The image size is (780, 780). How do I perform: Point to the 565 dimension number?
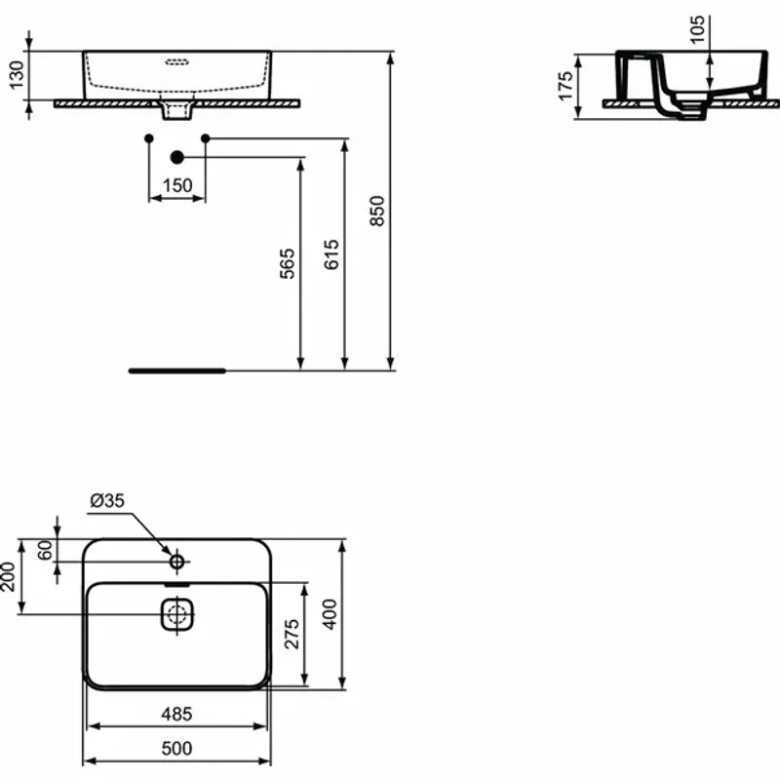[x=287, y=264]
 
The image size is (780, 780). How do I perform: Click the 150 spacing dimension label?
[x=177, y=185]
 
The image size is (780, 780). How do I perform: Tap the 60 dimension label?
[x=44, y=550]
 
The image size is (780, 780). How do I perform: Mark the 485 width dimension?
[x=177, y=715]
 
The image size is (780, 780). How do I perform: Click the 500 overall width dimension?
[x=177, y=748]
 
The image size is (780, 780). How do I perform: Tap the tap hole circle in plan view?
[x=176, y=562]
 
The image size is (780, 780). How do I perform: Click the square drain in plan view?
[x=176, y=615]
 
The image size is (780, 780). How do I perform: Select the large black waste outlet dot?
[x=176, y=157]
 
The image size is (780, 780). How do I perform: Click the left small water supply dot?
[x=148, y=138]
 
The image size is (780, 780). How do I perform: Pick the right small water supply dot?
[x=205, y=138]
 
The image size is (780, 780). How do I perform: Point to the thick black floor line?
[x=176, y=370]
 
